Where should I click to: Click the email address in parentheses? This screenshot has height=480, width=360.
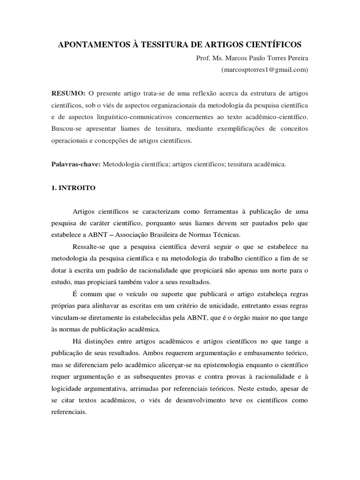click(x=264, y=69)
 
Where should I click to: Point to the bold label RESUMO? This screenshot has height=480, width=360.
click(x=68, y=93)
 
